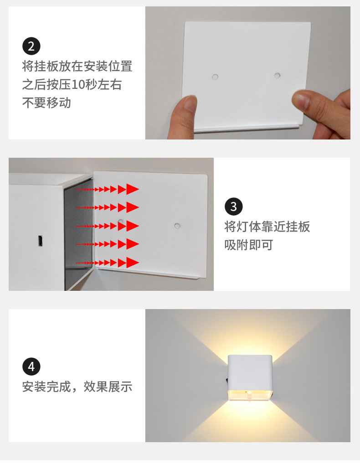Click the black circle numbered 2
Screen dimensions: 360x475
coord(31,46)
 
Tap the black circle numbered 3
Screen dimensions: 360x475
coord(233,207)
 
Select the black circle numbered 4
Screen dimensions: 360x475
coord(31,367)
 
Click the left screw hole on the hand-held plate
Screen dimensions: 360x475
coord(215,77)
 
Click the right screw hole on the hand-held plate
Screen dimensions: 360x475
coord(277,75)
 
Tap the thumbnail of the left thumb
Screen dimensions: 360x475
coord(190,104)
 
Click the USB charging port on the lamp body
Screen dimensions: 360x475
coord(40,241)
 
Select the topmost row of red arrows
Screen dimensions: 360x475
coord(107,189)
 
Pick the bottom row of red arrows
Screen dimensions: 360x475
coord(107,263)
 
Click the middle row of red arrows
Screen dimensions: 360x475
coord(107,226)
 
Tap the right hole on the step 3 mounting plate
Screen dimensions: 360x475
coord(177,225)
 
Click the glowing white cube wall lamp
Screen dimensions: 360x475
coord(250,378)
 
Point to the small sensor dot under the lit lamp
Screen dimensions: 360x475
coord(249,392)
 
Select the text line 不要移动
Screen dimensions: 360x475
coord(46,103)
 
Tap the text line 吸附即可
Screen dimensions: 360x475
coord(249,245)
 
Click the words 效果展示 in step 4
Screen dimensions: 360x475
coord(108,387)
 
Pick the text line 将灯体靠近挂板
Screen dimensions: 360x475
coord(267,227)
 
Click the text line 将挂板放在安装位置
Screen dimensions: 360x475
coord(77,67)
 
